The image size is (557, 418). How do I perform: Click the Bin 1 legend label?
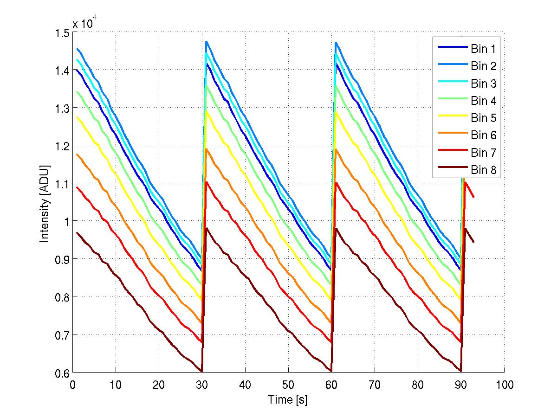484,49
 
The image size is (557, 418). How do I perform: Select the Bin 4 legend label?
484,101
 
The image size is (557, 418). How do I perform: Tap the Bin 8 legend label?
484,170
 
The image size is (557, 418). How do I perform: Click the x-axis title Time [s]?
288,399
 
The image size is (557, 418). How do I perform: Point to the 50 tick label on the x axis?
288,385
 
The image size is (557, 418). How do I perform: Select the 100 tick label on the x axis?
504,385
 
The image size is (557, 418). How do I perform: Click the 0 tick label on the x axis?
73,385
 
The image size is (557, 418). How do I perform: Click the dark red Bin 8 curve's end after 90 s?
473,242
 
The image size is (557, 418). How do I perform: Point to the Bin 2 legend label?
484,66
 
